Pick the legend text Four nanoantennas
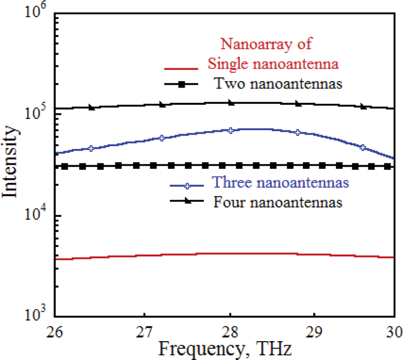tap(278, 201)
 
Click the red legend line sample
tap(181, 68)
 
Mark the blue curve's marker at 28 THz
tap(231, 130)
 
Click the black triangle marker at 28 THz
tap(231, 103)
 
